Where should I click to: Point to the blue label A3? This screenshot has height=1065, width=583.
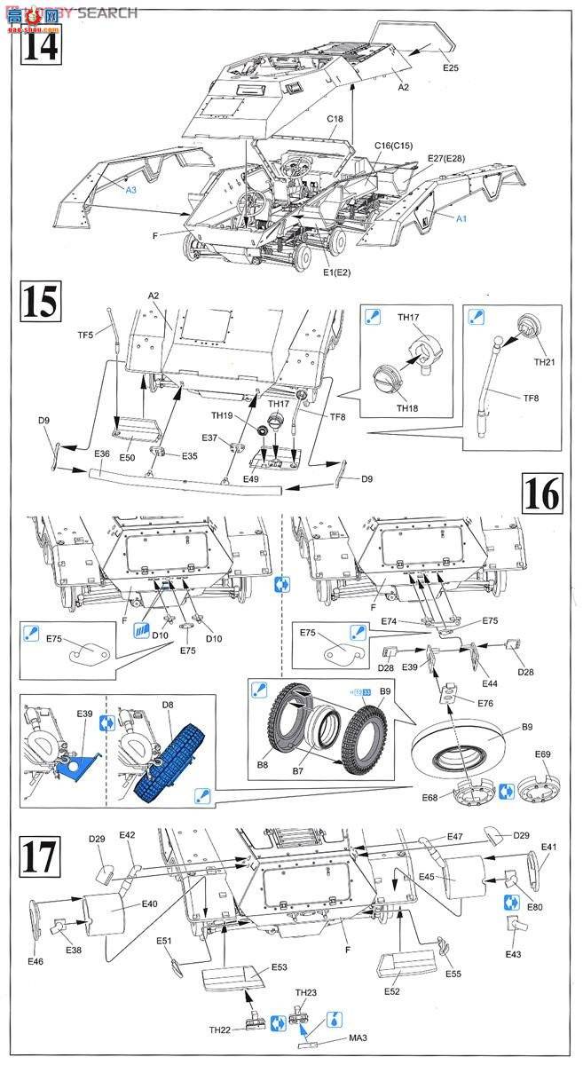[x=130, y=190]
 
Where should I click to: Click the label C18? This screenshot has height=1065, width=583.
[x=335, y=119]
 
